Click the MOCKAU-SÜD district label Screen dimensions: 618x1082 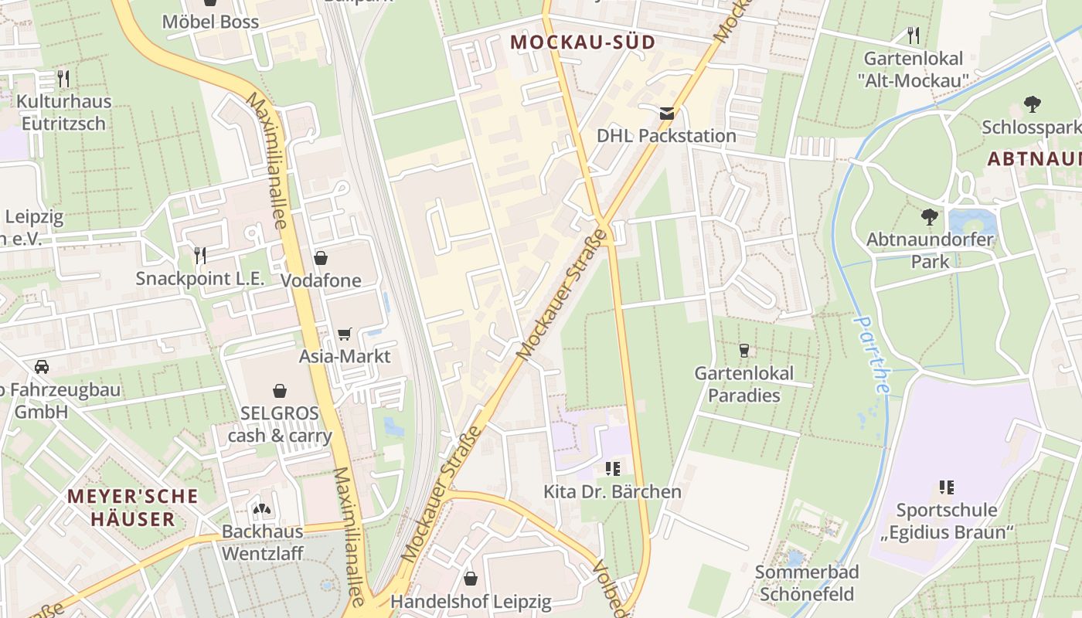click(x=583, y=42)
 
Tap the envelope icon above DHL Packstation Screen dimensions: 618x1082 click(x=667, y=114)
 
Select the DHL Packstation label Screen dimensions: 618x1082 click(x=666, y=136)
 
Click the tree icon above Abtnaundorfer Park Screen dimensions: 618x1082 click(x=930, y=216)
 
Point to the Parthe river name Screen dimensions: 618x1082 click(x=873, y=355)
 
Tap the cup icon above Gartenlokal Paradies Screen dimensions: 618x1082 click(x=743, y=351)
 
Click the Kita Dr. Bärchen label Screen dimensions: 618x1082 click(x=612, y=491)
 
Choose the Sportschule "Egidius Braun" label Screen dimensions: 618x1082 click(x=947, y=521)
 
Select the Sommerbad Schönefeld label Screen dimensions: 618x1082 click(x=807, y=583)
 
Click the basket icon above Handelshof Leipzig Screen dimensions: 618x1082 click(x=470, y=578)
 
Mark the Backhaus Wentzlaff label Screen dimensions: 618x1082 click(x=263, y=542)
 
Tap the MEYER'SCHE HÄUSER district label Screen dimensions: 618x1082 click(x=132, y=507)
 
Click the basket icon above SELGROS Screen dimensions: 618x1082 click(x=280, y=391)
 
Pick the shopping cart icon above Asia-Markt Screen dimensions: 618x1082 click(x=345, y=334)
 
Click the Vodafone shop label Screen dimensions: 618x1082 click(x=321, y=280)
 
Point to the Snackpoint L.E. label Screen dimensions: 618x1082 click(x=200, y=278)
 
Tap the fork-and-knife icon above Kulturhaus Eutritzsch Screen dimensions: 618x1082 click(x=63, y=78)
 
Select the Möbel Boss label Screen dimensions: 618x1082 click(x=210, y=22)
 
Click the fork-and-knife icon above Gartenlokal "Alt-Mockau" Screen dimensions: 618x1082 click(x=913, y=35)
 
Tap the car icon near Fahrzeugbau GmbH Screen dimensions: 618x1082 click(x=42, y=366)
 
